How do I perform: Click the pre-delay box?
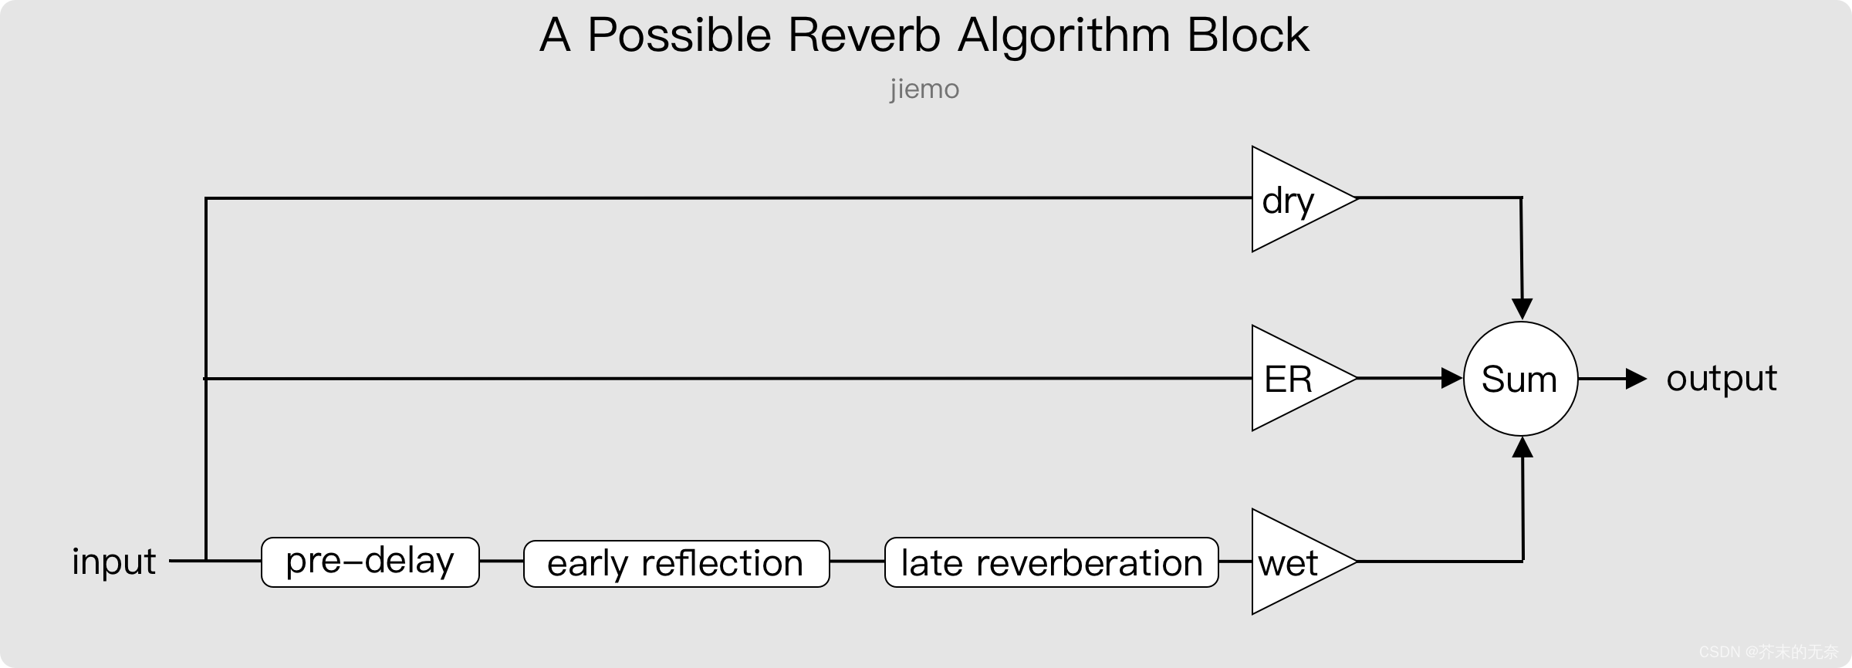(x=370, y=562)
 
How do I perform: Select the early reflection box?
(x=676, y=563)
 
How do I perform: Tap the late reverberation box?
(x=1051, y=562)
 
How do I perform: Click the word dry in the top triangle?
(x=1287, y=201)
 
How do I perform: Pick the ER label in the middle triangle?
(x=1288, y=380)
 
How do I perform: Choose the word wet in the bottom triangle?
(x=1287, y=563)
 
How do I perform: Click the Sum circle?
(x=1520, y=379)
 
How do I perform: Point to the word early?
(x=587, y=564)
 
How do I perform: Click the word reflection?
(x=722, y=563)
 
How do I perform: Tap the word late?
(x=931, y=563)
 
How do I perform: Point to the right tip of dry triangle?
(x=1353, y=199)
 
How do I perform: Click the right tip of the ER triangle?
(x=1353, y=378)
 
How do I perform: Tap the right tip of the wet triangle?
(x=1353, y=562)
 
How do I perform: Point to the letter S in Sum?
(x=1492, y=380)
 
